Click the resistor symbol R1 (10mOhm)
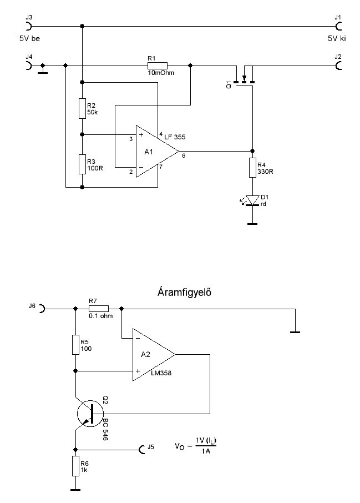tap(157, 66)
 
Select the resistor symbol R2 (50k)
tap(83, 108)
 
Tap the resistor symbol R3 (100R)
tap(83, 164)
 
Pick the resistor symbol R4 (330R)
tap(252, 168)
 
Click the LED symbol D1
tap(252, 200)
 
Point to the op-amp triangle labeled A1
tap(157, 151)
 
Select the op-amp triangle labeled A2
tap(154, 354)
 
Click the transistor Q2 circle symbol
tap(90, 414)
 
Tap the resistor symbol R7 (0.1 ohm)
tap(98, 309)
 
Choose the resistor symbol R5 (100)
tap(75, 345)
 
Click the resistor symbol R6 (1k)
tap(75, 466)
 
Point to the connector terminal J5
tap(141, 450)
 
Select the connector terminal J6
tap(42, 309)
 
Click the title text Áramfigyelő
tap(184, 293)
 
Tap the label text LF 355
tap(175, 137)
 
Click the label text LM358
tap(161, 373)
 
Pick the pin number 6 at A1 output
tap(184, 155)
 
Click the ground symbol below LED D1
tap(252, 223)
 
